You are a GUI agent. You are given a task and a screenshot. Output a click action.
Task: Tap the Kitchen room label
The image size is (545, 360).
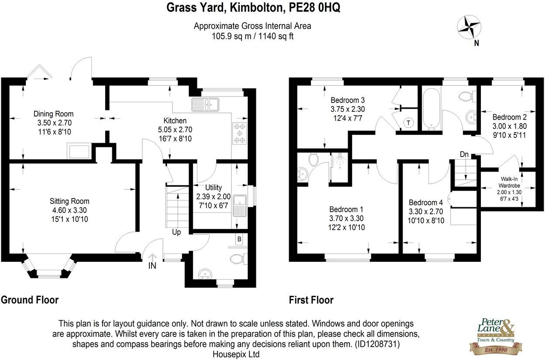[x=175, y=121]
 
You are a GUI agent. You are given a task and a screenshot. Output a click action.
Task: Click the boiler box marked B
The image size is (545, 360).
[x=239, y=239]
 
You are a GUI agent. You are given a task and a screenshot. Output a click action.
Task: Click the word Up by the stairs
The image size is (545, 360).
[x=176, y=232]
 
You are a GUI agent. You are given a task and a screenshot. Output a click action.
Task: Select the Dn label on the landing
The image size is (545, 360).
[x=464, y=154]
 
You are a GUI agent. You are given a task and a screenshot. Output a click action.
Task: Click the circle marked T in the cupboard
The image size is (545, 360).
[x=408, y=123]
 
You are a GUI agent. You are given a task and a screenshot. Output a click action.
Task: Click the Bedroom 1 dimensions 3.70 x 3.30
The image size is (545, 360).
[x=347, y=218]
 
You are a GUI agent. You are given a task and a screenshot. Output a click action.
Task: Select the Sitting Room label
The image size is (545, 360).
[x=69, y=201]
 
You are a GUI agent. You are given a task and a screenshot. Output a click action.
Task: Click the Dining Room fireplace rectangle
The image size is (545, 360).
[x=79, y=151]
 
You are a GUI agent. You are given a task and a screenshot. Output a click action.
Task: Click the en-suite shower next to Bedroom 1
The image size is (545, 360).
[x=339, y=167]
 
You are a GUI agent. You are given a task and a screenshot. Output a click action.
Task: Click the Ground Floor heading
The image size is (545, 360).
[x=30, y=300]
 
